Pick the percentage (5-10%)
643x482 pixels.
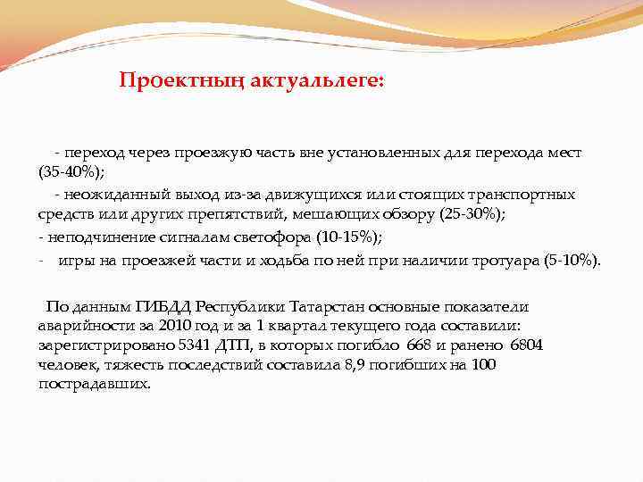572,261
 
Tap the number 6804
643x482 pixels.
528,345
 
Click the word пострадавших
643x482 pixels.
95,385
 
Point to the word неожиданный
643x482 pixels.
104,194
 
